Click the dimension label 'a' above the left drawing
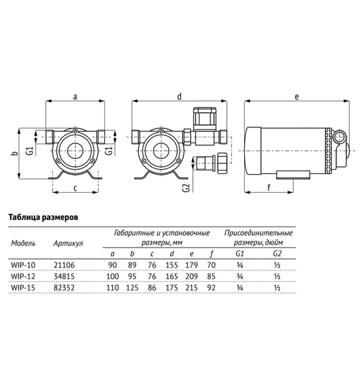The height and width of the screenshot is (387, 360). pos(76,96)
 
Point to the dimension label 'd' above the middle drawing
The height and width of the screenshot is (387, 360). pos(179,96)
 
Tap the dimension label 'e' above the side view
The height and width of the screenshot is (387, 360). pos(297,96)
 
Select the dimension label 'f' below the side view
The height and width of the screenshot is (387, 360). pos(269,188)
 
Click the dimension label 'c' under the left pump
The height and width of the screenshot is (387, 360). pos(76,188)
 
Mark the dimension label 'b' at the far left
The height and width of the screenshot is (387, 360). pos(15,153)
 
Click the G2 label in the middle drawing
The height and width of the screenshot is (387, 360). pos(186,188)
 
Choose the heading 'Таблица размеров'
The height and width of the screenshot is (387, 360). pos(43,217)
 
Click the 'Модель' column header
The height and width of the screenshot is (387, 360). pos(23,244)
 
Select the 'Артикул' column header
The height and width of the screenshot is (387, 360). pos(68,244)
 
